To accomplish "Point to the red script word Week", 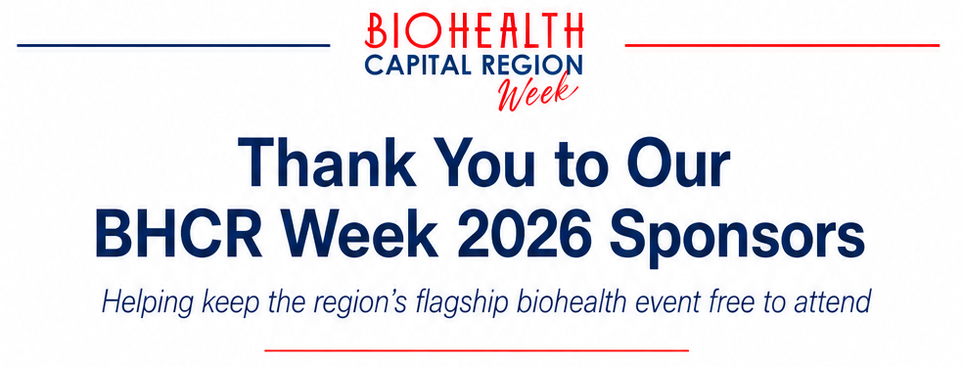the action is pos(536,93).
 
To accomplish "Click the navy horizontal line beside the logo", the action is pos(173,45).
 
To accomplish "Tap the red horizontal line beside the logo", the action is pos(783,45).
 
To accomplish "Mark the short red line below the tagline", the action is pos(477,350).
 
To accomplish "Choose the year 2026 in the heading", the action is pos(526,235).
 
